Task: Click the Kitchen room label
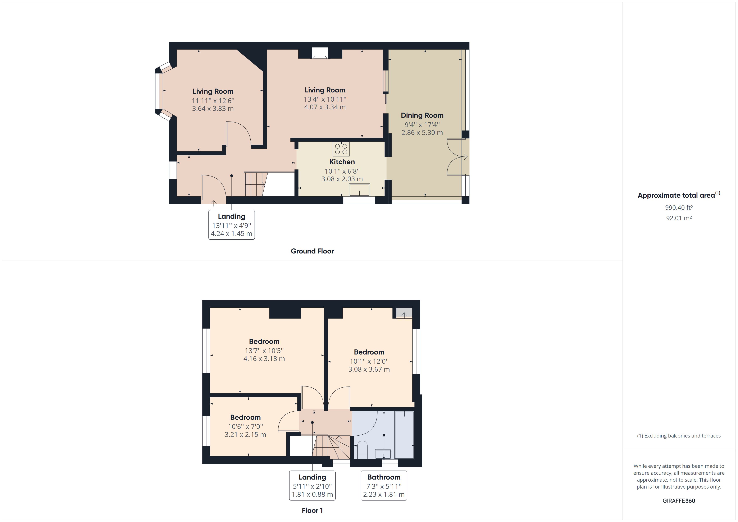342,162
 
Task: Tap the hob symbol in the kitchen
341,149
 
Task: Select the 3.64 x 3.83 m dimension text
213,109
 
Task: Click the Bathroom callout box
384,485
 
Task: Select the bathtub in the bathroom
404,435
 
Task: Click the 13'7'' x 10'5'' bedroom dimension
264,351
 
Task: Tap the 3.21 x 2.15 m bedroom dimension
245,435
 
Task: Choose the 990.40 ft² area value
679,208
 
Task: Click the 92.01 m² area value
679,218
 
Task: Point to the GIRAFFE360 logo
679,500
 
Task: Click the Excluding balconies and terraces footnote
679,436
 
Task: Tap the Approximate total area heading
679,195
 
